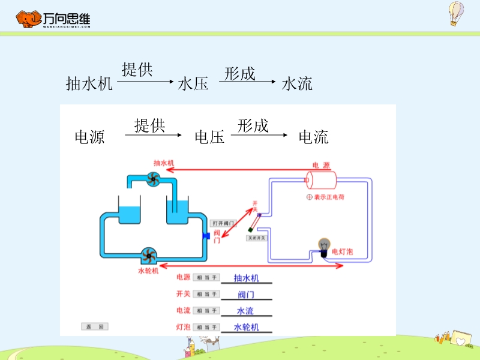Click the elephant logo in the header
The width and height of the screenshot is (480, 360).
coord(28,20)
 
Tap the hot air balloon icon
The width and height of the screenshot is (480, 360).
coord(457,13)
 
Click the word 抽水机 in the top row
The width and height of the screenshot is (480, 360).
coord(89,84)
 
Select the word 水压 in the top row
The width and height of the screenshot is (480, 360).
coord(193,84)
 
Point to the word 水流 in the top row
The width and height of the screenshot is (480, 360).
coord(297,84)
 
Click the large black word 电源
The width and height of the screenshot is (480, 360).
coord(89,137)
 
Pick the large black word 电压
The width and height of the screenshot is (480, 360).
coord(209,137)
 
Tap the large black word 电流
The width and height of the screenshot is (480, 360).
coord(314,137)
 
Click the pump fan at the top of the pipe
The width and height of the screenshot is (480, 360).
coord(152,178)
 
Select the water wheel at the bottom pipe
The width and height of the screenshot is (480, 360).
coord(148,256)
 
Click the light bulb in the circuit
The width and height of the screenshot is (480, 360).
coord(325,246)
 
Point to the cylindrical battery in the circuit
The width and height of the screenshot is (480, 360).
coord(321,179)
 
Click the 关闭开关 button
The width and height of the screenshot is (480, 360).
coord(256,238)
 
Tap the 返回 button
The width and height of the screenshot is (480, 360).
coord(95,326)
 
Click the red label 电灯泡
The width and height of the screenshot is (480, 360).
coord(343,252)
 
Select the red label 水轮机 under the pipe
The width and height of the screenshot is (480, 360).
coord(148,271)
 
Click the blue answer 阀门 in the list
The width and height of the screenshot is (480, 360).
coord(246,295)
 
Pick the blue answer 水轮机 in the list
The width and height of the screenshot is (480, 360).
coord(246,327)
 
